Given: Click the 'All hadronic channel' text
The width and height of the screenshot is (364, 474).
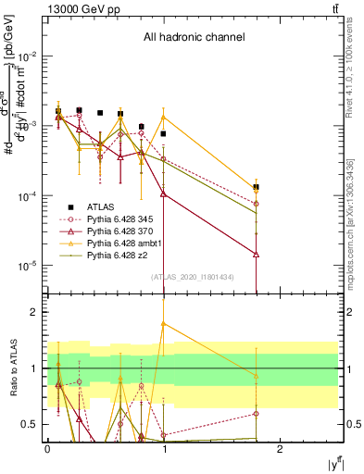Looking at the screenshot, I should (x=194, y=38).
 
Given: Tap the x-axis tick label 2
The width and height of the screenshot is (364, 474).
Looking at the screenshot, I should (x=282, y=448).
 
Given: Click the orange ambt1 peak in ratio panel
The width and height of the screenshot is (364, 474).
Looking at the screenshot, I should (x=164, y=324).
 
